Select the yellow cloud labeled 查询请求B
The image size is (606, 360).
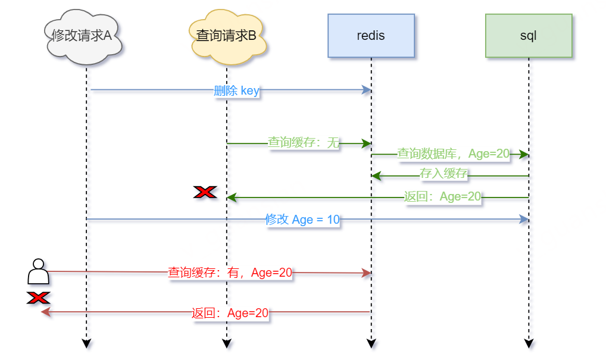(226, 36)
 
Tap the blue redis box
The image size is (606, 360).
(371, 36)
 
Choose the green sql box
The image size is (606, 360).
(528, 36)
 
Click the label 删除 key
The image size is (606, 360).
(236, 90)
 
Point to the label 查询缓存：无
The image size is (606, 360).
(303, 143)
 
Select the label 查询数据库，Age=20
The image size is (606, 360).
(453, 154)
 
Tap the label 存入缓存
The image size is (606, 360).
(443, 174)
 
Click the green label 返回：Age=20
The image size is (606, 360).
(442, 197)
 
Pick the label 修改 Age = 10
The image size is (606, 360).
(302, 220)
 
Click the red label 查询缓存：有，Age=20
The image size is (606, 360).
(230, 273)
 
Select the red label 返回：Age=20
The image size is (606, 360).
(230, 313)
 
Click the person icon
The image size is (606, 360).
(38, 271)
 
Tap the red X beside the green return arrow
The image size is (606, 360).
(205, 192)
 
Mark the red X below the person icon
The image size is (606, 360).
(38, 298)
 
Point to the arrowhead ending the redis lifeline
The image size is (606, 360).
(371, 343)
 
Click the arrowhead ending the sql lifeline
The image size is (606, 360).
(529, 343)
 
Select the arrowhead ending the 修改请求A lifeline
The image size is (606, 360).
(86, 343)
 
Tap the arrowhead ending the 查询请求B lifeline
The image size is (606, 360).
(226, 343)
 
